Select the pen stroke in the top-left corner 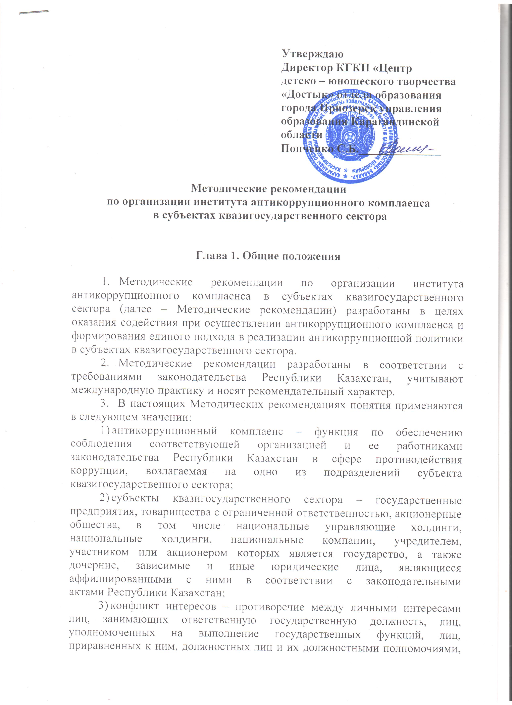34,12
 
